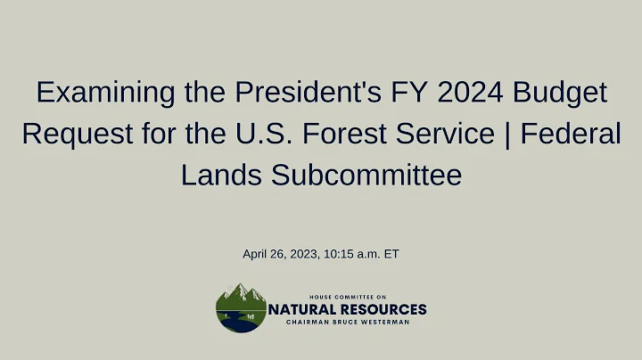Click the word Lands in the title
(215, 175)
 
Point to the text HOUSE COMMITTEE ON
(348, 297)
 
